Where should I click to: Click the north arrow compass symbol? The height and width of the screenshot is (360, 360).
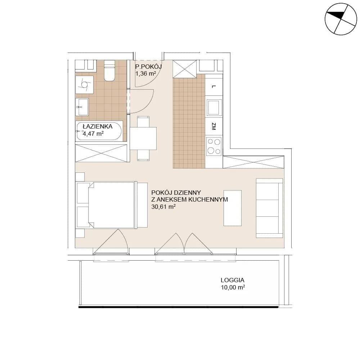click(x=341, y=19)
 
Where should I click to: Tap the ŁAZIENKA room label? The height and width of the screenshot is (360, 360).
click(x=98, y=126)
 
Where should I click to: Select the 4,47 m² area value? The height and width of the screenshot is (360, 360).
click(x=93, y=134)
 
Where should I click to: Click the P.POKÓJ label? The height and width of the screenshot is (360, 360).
click(x=149, y=67)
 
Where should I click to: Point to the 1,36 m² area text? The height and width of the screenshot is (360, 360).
click(x=146, y=74)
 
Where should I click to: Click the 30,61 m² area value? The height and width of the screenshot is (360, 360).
click(x=163, y=207)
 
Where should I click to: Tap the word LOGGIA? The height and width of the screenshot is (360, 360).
click(x=232, y=280)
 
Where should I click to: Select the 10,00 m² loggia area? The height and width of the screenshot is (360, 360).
click(x=233, y=287)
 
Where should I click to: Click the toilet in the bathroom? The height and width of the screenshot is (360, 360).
click(x=109, y=70)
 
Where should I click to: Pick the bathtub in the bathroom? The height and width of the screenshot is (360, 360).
click(x=99, y=131)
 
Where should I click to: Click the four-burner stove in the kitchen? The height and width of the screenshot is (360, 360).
click(x=214, y=146)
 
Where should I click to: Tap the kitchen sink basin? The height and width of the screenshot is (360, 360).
click(x=214, y=107)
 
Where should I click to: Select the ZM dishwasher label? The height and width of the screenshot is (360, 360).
click(x=214, y=126)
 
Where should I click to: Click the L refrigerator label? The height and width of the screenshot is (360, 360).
click(x=214, y=86)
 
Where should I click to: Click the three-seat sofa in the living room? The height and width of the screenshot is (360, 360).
click(x=269, y=208)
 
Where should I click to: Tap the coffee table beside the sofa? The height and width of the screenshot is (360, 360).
click(x=233, y=208)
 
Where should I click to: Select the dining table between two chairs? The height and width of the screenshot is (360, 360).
click(x=143, y=139)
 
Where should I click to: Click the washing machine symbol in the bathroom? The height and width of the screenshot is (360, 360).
click(x=85, y=85)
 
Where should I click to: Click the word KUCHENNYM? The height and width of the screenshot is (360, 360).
click(x=208, y=199)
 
